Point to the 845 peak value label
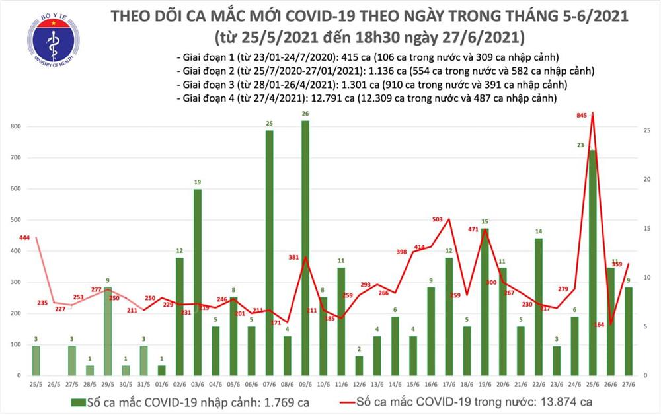tap(582, 116)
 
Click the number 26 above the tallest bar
tap(305, 114)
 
